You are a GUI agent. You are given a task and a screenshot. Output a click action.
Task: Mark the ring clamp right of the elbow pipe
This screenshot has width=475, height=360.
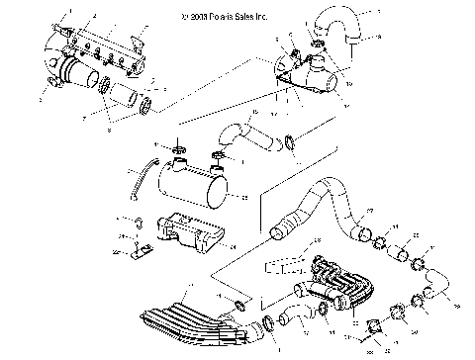(289, 142)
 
